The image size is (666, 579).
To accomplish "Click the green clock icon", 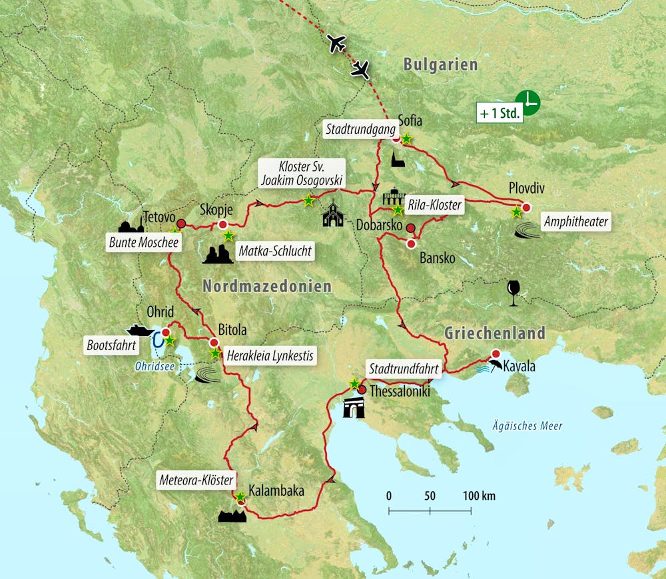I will click(527, 102).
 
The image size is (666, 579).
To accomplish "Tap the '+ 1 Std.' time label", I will click(500, 113).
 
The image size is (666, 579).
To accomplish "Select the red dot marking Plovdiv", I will click(527, 208).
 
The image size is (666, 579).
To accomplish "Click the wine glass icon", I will click(513, 293).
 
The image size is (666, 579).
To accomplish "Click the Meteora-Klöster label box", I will click(196, 479).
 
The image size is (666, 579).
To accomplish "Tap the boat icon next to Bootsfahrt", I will click(140, 330).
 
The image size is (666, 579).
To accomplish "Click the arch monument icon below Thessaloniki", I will click(353, 408).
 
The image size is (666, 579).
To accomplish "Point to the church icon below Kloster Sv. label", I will click(332, 215).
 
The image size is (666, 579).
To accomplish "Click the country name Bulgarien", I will click(440, 65).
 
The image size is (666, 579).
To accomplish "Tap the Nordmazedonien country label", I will click(266, 287).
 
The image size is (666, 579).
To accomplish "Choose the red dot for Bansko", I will click(411, 244).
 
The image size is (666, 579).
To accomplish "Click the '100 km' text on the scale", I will click(480, 496).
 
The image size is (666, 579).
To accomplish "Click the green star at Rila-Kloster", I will click(398, 210).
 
